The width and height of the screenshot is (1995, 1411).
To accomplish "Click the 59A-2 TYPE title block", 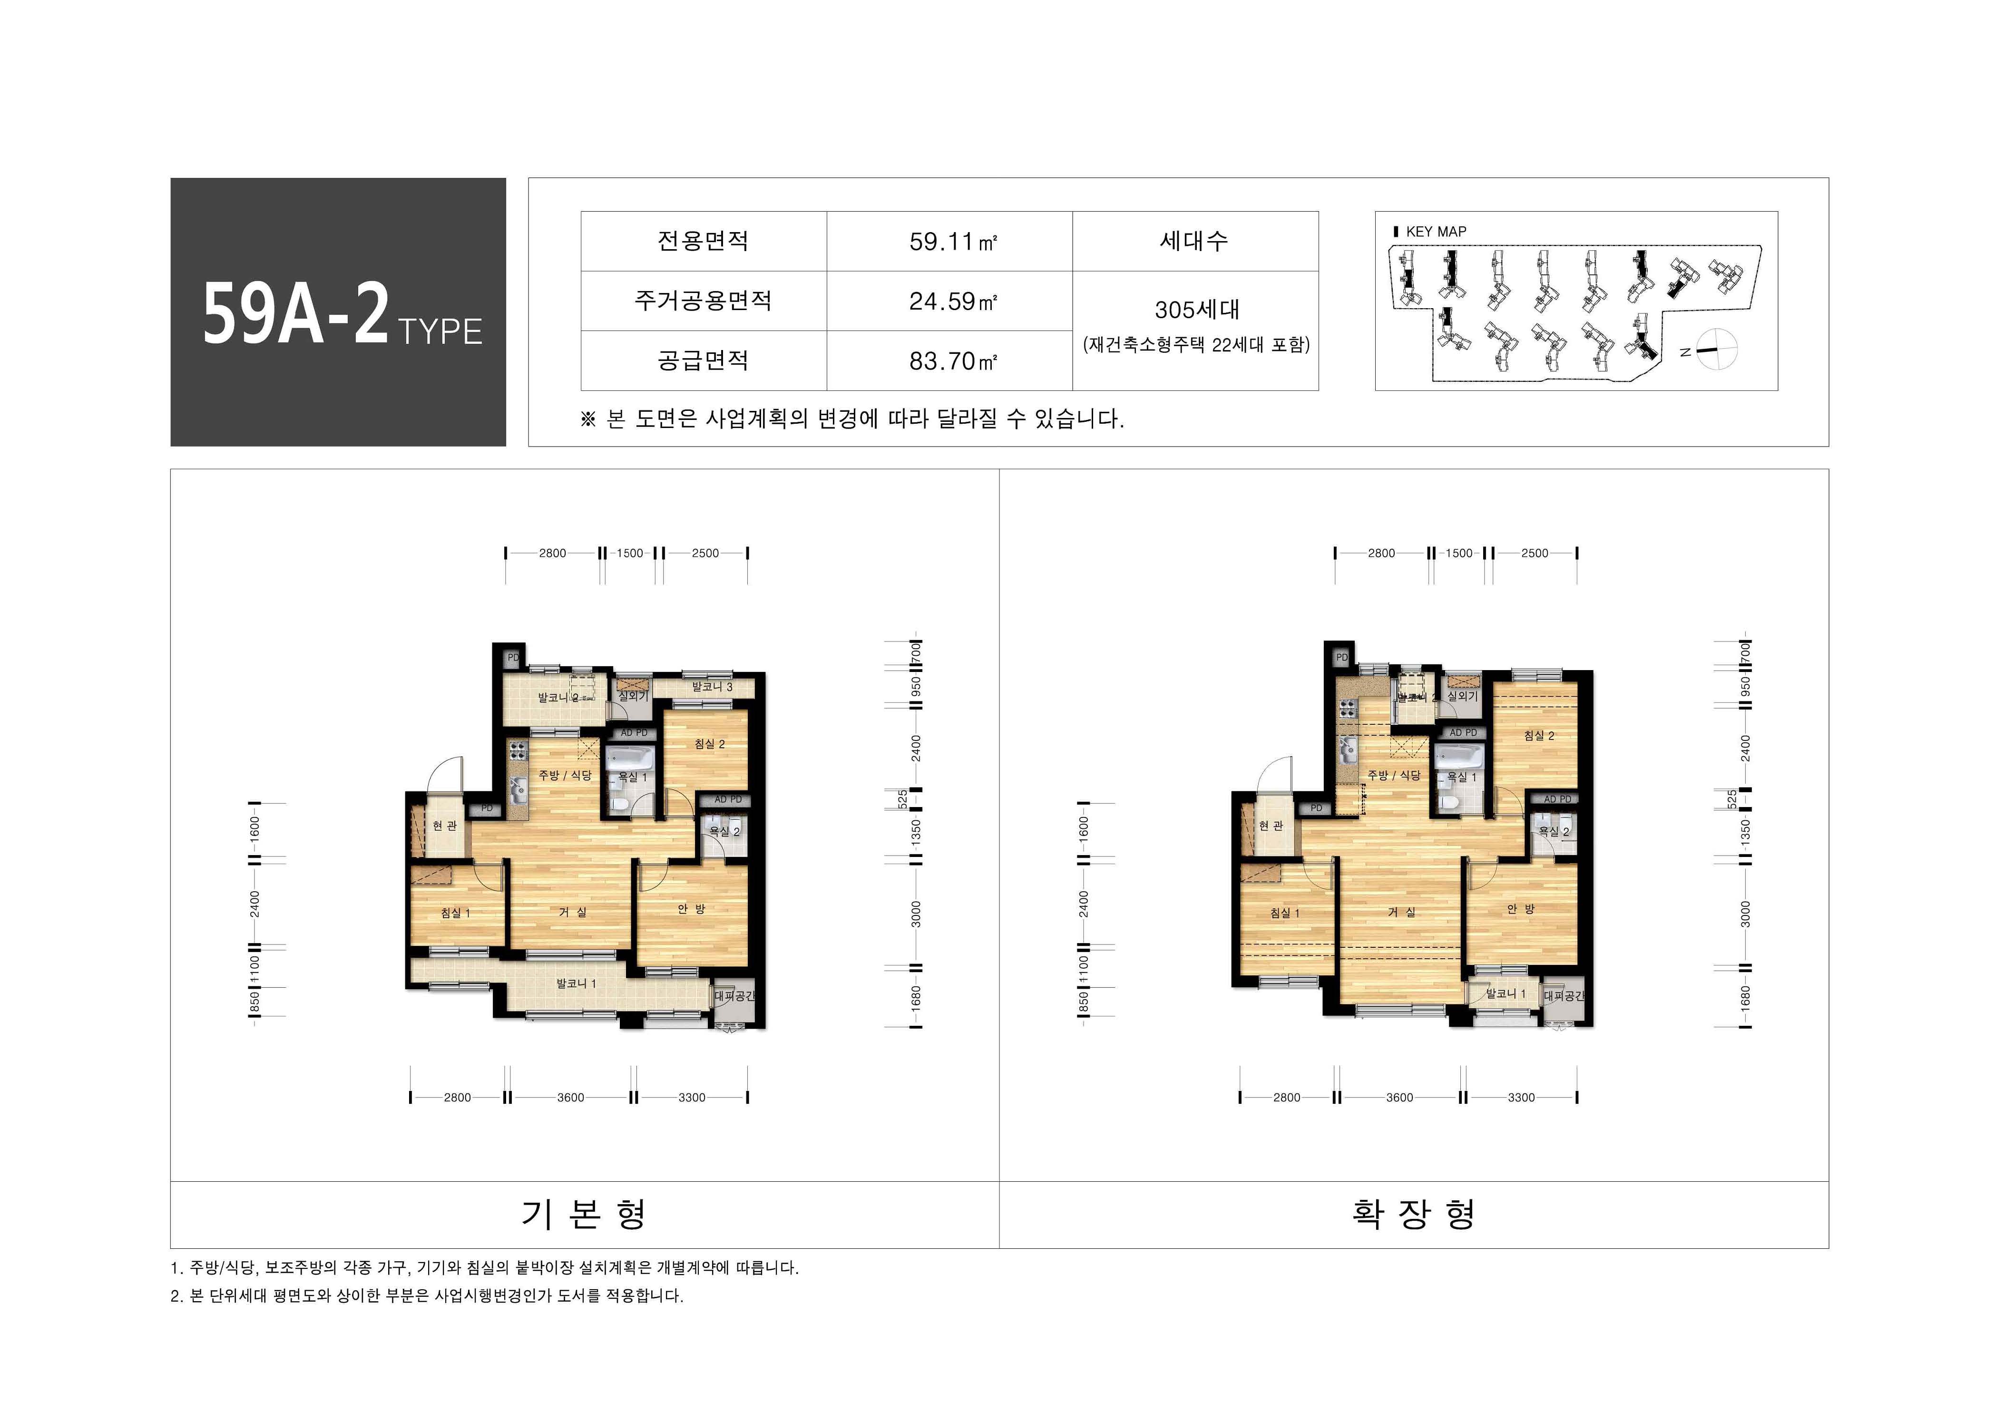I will point(338,313).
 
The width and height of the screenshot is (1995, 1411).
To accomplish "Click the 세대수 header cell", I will point(1195,242).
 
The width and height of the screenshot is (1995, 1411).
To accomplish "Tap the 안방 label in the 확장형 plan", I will point(1521,909).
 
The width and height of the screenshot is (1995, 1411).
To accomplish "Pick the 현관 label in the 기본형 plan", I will point(445,826).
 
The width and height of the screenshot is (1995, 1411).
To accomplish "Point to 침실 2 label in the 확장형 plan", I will point(1539,736).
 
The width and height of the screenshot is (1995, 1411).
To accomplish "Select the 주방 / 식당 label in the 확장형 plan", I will point(1394,775).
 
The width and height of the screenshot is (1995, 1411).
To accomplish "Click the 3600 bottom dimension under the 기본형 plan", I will point(571,1097).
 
